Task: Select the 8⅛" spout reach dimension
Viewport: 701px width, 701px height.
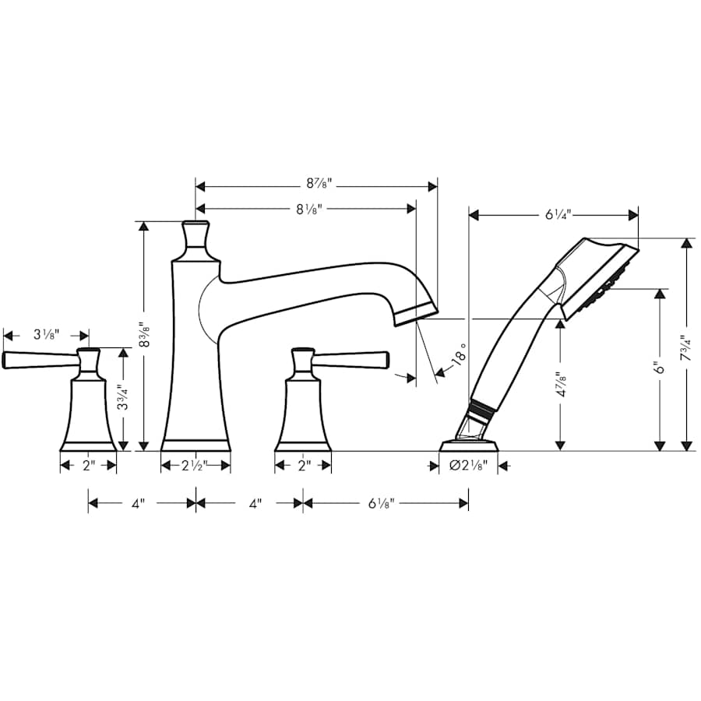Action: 308,208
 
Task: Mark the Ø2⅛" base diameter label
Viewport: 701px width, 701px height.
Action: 469,466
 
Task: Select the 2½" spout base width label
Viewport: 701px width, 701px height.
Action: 195,466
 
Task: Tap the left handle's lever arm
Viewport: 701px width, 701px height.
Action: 39,359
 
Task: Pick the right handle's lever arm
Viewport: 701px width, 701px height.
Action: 350,358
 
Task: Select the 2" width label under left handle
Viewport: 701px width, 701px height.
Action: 89,466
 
